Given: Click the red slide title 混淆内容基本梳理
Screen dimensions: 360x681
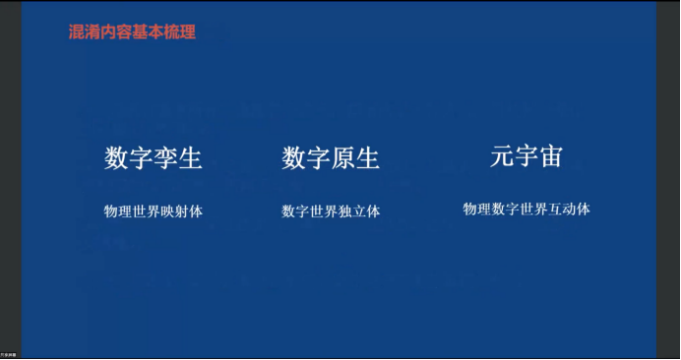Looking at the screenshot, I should (132, 31).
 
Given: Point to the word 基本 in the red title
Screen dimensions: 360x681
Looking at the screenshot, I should (148, 31).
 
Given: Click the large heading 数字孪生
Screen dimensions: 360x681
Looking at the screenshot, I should (154, 158).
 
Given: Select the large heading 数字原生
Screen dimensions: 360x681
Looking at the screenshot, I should (331, 158).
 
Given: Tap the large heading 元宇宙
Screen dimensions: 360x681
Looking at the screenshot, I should (526, 156).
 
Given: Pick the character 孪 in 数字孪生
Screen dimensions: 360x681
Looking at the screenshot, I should (165, 158).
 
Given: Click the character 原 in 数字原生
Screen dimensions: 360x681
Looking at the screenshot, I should (342, 158).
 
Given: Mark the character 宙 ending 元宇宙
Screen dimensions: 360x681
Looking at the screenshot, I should (551, 156).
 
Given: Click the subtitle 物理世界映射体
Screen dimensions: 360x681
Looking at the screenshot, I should (154, 211).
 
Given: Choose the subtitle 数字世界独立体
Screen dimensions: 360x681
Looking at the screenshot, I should (331, 211).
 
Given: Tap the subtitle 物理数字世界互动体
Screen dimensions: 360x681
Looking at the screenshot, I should (526, 209).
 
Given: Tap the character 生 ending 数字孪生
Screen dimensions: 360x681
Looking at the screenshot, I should (190, 158).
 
